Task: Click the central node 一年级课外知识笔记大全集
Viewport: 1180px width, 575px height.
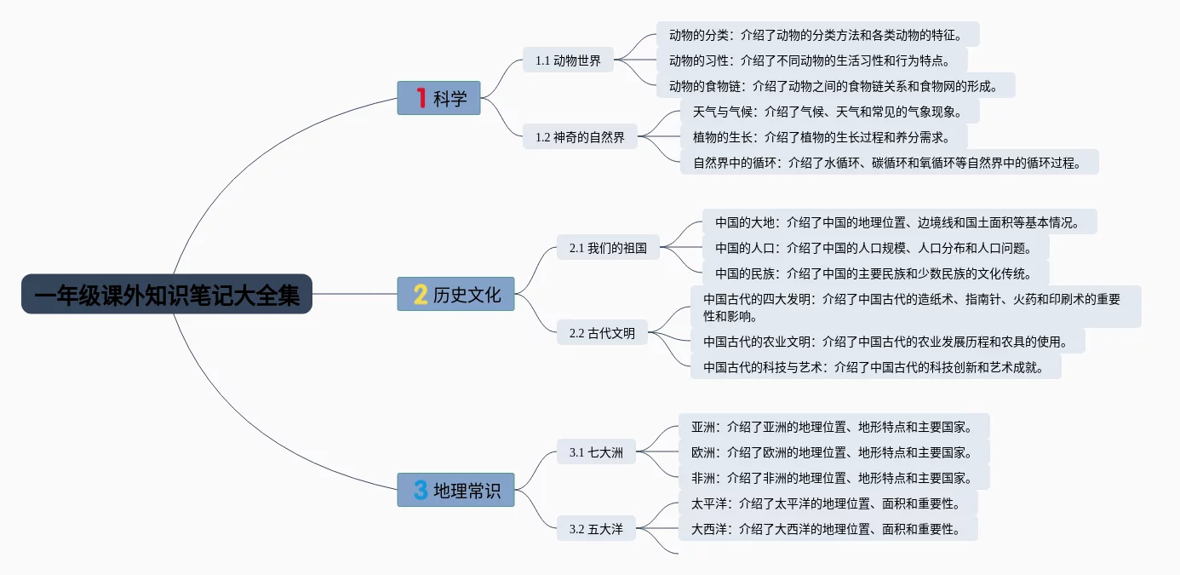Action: (167, 294)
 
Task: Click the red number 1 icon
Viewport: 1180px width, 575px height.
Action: (421, 98)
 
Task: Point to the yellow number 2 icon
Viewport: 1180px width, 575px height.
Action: (421, 294)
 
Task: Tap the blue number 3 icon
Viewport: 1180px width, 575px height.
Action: (421, 490)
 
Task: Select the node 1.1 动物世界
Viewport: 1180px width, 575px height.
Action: (568, 60)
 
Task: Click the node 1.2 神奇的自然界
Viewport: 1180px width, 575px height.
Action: (580, 136)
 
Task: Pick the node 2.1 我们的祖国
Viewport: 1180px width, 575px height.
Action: (608, 248)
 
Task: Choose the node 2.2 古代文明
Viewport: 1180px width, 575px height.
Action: (602, 333)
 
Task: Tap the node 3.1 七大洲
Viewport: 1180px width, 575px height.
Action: (596, 452)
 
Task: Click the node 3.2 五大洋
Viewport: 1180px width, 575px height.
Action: (596, 529)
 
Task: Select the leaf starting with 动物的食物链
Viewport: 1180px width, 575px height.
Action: (835, 85)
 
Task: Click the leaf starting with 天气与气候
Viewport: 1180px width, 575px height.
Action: (829, 111)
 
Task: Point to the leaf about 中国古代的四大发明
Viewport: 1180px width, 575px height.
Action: (915, 307)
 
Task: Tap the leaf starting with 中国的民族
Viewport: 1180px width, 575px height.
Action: (875, 273)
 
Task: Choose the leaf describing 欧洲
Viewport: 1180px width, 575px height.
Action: (833, 451)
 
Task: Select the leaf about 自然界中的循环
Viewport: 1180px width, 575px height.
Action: (889, 162)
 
